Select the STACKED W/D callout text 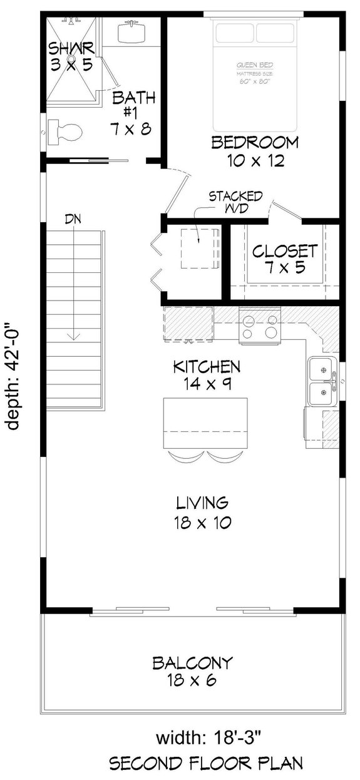point(235,202)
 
